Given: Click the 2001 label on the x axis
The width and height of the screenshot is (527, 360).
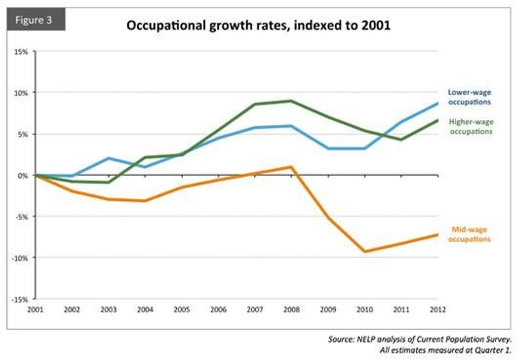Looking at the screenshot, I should click(x=35, y=309).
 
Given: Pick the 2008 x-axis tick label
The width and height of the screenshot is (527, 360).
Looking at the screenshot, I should click(x=291, y=309).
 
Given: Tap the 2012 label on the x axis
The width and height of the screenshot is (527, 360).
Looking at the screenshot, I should click(x=437, y=309).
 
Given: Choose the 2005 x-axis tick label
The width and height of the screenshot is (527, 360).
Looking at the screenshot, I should click(x=182, y=309).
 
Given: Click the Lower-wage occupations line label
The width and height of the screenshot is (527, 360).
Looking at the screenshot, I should click(x=469, y=97).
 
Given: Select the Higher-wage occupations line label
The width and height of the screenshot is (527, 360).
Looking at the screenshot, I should click(x=470, y=127).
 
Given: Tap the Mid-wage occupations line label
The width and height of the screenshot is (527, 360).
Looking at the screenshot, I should click(x=469, y=234).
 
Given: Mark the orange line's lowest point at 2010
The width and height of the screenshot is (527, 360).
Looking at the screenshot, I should click(x=365, y=251).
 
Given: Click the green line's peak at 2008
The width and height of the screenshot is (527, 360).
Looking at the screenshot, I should click(x=291, y=100).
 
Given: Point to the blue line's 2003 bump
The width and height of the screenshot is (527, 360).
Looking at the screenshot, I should click(x=109, y=158).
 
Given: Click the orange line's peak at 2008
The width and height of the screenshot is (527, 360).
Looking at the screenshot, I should click(x=291, y=167).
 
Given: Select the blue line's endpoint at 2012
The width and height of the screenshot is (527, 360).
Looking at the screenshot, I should click(x=437, y=103).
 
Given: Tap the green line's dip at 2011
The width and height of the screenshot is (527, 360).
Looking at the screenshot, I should click(x=401, y=140).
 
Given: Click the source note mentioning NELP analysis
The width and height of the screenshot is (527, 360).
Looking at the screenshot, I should click(x=421, y=340).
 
